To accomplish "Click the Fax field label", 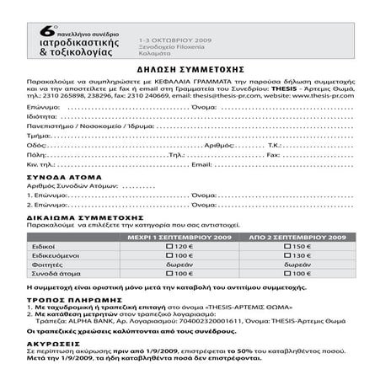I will point(276,155).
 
